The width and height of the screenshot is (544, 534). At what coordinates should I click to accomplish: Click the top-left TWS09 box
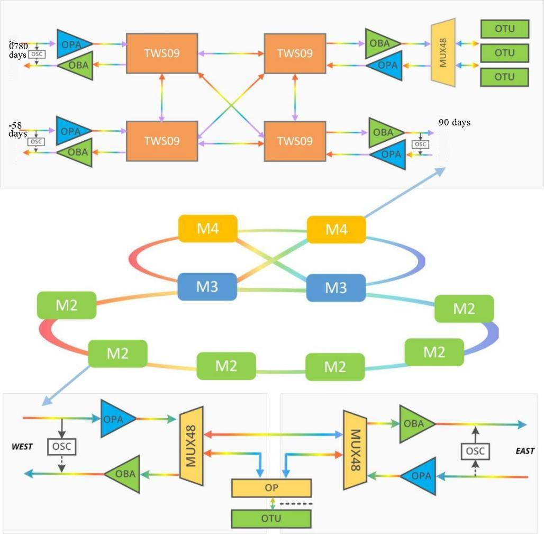[x=162, y=53]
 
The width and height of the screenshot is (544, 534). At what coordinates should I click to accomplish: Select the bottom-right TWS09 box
[x=295, y=141]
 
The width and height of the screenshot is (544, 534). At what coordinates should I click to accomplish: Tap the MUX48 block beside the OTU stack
[x=443, y=52]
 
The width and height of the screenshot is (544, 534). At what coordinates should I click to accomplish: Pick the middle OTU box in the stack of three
[x=504, y=53]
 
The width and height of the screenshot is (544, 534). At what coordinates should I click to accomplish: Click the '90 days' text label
[x=454, y=123]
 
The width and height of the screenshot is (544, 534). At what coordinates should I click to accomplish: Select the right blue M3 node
[x=336, y=287]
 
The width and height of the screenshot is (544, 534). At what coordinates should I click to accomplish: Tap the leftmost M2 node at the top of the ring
[x=67, y=305]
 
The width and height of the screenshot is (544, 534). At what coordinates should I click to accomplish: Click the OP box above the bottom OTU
[x=271, y=488]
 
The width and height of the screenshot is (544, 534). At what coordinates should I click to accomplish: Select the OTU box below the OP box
[x=271, y=519]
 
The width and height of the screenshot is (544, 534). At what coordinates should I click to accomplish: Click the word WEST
[x=22, y=447]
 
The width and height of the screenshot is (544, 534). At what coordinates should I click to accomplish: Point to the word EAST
[x=524, y=451]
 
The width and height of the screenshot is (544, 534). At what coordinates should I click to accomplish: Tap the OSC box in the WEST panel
[x=62, y=447]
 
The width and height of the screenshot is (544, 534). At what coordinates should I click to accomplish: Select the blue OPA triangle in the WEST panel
[x=115, y=419]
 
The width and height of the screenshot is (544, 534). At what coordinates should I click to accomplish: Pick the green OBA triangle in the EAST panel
[x=415, y=423]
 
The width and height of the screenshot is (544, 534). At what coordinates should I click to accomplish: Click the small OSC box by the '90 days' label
[x=420, y=144]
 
